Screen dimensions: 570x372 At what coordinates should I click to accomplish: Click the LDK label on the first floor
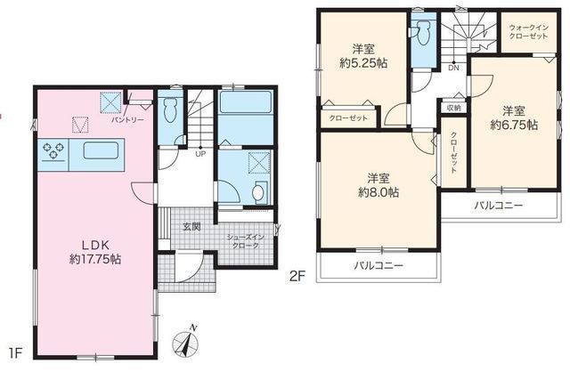[95, 244]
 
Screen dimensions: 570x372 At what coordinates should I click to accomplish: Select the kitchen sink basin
[101, 150]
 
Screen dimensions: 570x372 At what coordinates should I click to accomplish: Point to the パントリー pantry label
[127, 119]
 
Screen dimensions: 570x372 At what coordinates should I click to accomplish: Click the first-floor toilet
[170, 109]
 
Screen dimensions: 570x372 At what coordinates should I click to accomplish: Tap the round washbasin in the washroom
[258, 193]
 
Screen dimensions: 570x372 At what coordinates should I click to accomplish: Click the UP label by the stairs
[200, 154]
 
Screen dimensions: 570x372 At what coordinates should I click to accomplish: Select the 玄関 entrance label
[191, 227]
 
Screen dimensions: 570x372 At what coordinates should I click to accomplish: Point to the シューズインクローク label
[246, 241]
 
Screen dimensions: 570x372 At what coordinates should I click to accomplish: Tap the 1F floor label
[15, 354]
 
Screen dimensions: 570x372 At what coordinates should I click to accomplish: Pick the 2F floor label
[297, 277]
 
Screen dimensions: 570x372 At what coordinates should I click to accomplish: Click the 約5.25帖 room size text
[363, 63]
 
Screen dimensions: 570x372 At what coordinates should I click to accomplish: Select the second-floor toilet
[424, 33]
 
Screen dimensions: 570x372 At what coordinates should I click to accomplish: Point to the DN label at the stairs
[453, 68]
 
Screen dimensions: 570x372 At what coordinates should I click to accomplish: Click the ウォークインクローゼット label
[528, 32]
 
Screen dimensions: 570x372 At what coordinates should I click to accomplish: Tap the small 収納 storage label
[453, 108]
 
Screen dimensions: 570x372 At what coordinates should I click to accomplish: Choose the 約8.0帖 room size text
[378, 192]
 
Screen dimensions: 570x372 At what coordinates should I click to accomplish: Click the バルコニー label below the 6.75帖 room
[499, 206]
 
